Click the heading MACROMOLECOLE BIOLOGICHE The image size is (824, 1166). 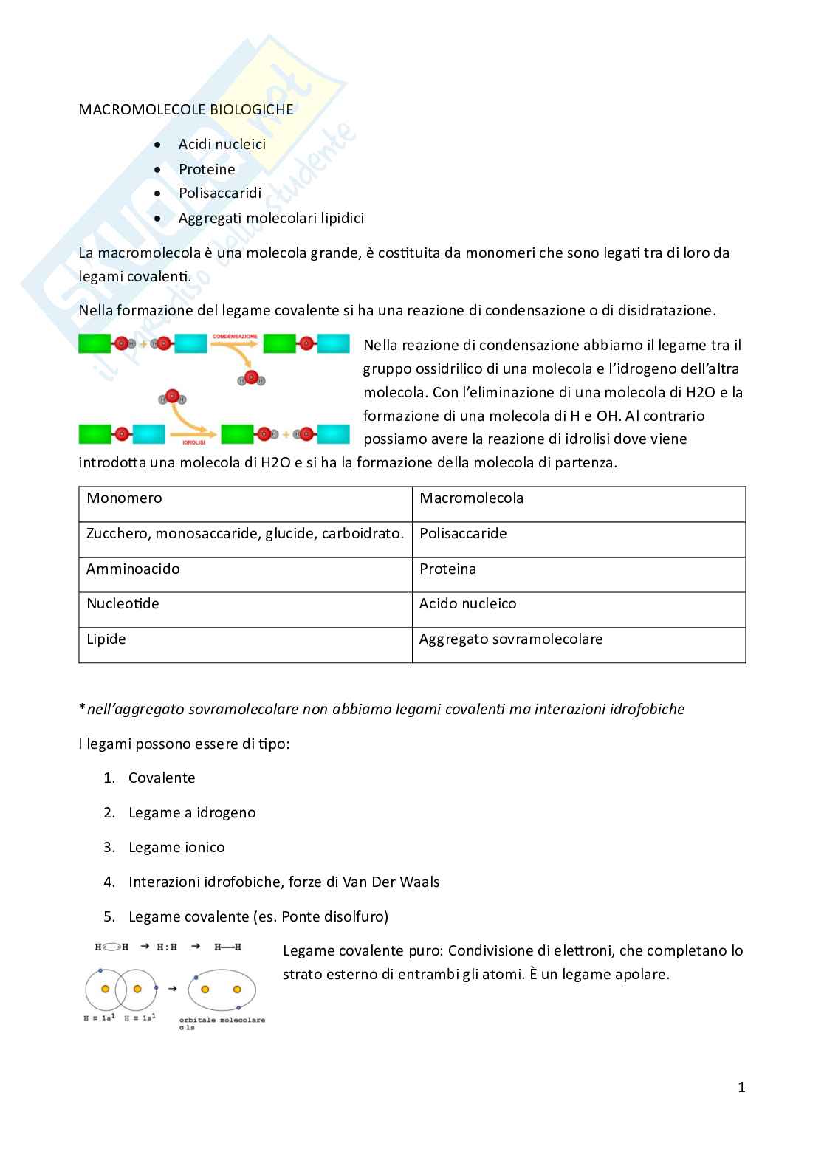coord(185,109)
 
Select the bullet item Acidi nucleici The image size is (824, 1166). coord(222,144)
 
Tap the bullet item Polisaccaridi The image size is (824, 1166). coord(219,193)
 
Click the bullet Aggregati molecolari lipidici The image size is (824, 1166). coord(270,218)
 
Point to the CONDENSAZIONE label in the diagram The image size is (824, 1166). coord(235,337)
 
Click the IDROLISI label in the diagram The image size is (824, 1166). coord(193,442)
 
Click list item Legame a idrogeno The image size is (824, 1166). coord(191,812)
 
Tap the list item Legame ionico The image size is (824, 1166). coord(176,847)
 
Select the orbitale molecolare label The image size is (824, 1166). coord(222,1020)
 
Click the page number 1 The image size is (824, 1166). coord(741,1087)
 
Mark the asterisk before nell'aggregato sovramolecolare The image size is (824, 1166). coord(82,708)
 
